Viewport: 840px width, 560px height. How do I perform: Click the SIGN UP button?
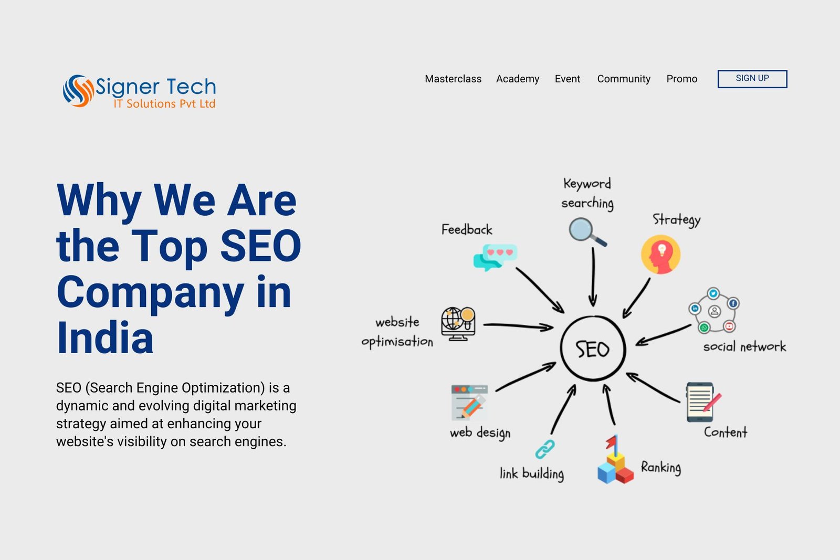[752, 79]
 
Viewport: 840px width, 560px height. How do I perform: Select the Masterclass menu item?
[453, 79]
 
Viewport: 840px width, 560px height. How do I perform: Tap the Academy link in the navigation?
[518, 79]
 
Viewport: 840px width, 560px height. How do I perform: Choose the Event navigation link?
[568, 79]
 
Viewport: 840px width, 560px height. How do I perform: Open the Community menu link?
[624, 79]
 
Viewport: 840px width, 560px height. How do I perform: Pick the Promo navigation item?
[682, 79]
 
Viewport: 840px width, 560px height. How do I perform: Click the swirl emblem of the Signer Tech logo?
[78, 91]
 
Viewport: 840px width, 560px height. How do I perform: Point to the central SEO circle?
[561, 348]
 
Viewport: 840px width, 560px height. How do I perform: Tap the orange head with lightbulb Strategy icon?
[660, 255]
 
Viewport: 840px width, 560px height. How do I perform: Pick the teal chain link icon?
[545, 449]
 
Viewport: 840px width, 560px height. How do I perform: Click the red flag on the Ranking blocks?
[611, 442]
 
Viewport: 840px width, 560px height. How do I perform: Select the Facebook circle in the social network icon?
[733, 303]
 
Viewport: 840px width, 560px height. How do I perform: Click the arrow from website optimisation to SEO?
[518, 326]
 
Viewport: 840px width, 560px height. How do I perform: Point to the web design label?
[480, 433]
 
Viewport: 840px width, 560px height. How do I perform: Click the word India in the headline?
[104, 337]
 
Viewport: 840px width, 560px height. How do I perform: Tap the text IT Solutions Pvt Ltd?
[164, 103]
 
